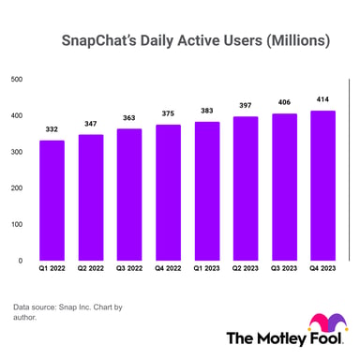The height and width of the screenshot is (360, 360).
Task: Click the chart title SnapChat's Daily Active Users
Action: [195, 42]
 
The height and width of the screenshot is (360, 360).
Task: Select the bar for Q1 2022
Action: [52, 201]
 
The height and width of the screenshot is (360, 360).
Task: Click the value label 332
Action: [52, 128]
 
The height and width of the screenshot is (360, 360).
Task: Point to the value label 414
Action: [323, 99]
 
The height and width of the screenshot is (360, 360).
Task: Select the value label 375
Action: [168, 113]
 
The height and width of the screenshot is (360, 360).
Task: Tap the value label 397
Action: [246, 106]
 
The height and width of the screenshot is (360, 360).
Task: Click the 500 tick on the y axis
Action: [16, 79]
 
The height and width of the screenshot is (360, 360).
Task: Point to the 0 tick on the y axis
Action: [20, 261]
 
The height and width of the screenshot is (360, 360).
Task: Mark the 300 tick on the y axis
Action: [16, 152]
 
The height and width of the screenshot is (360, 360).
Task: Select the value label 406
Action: [284, 102]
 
